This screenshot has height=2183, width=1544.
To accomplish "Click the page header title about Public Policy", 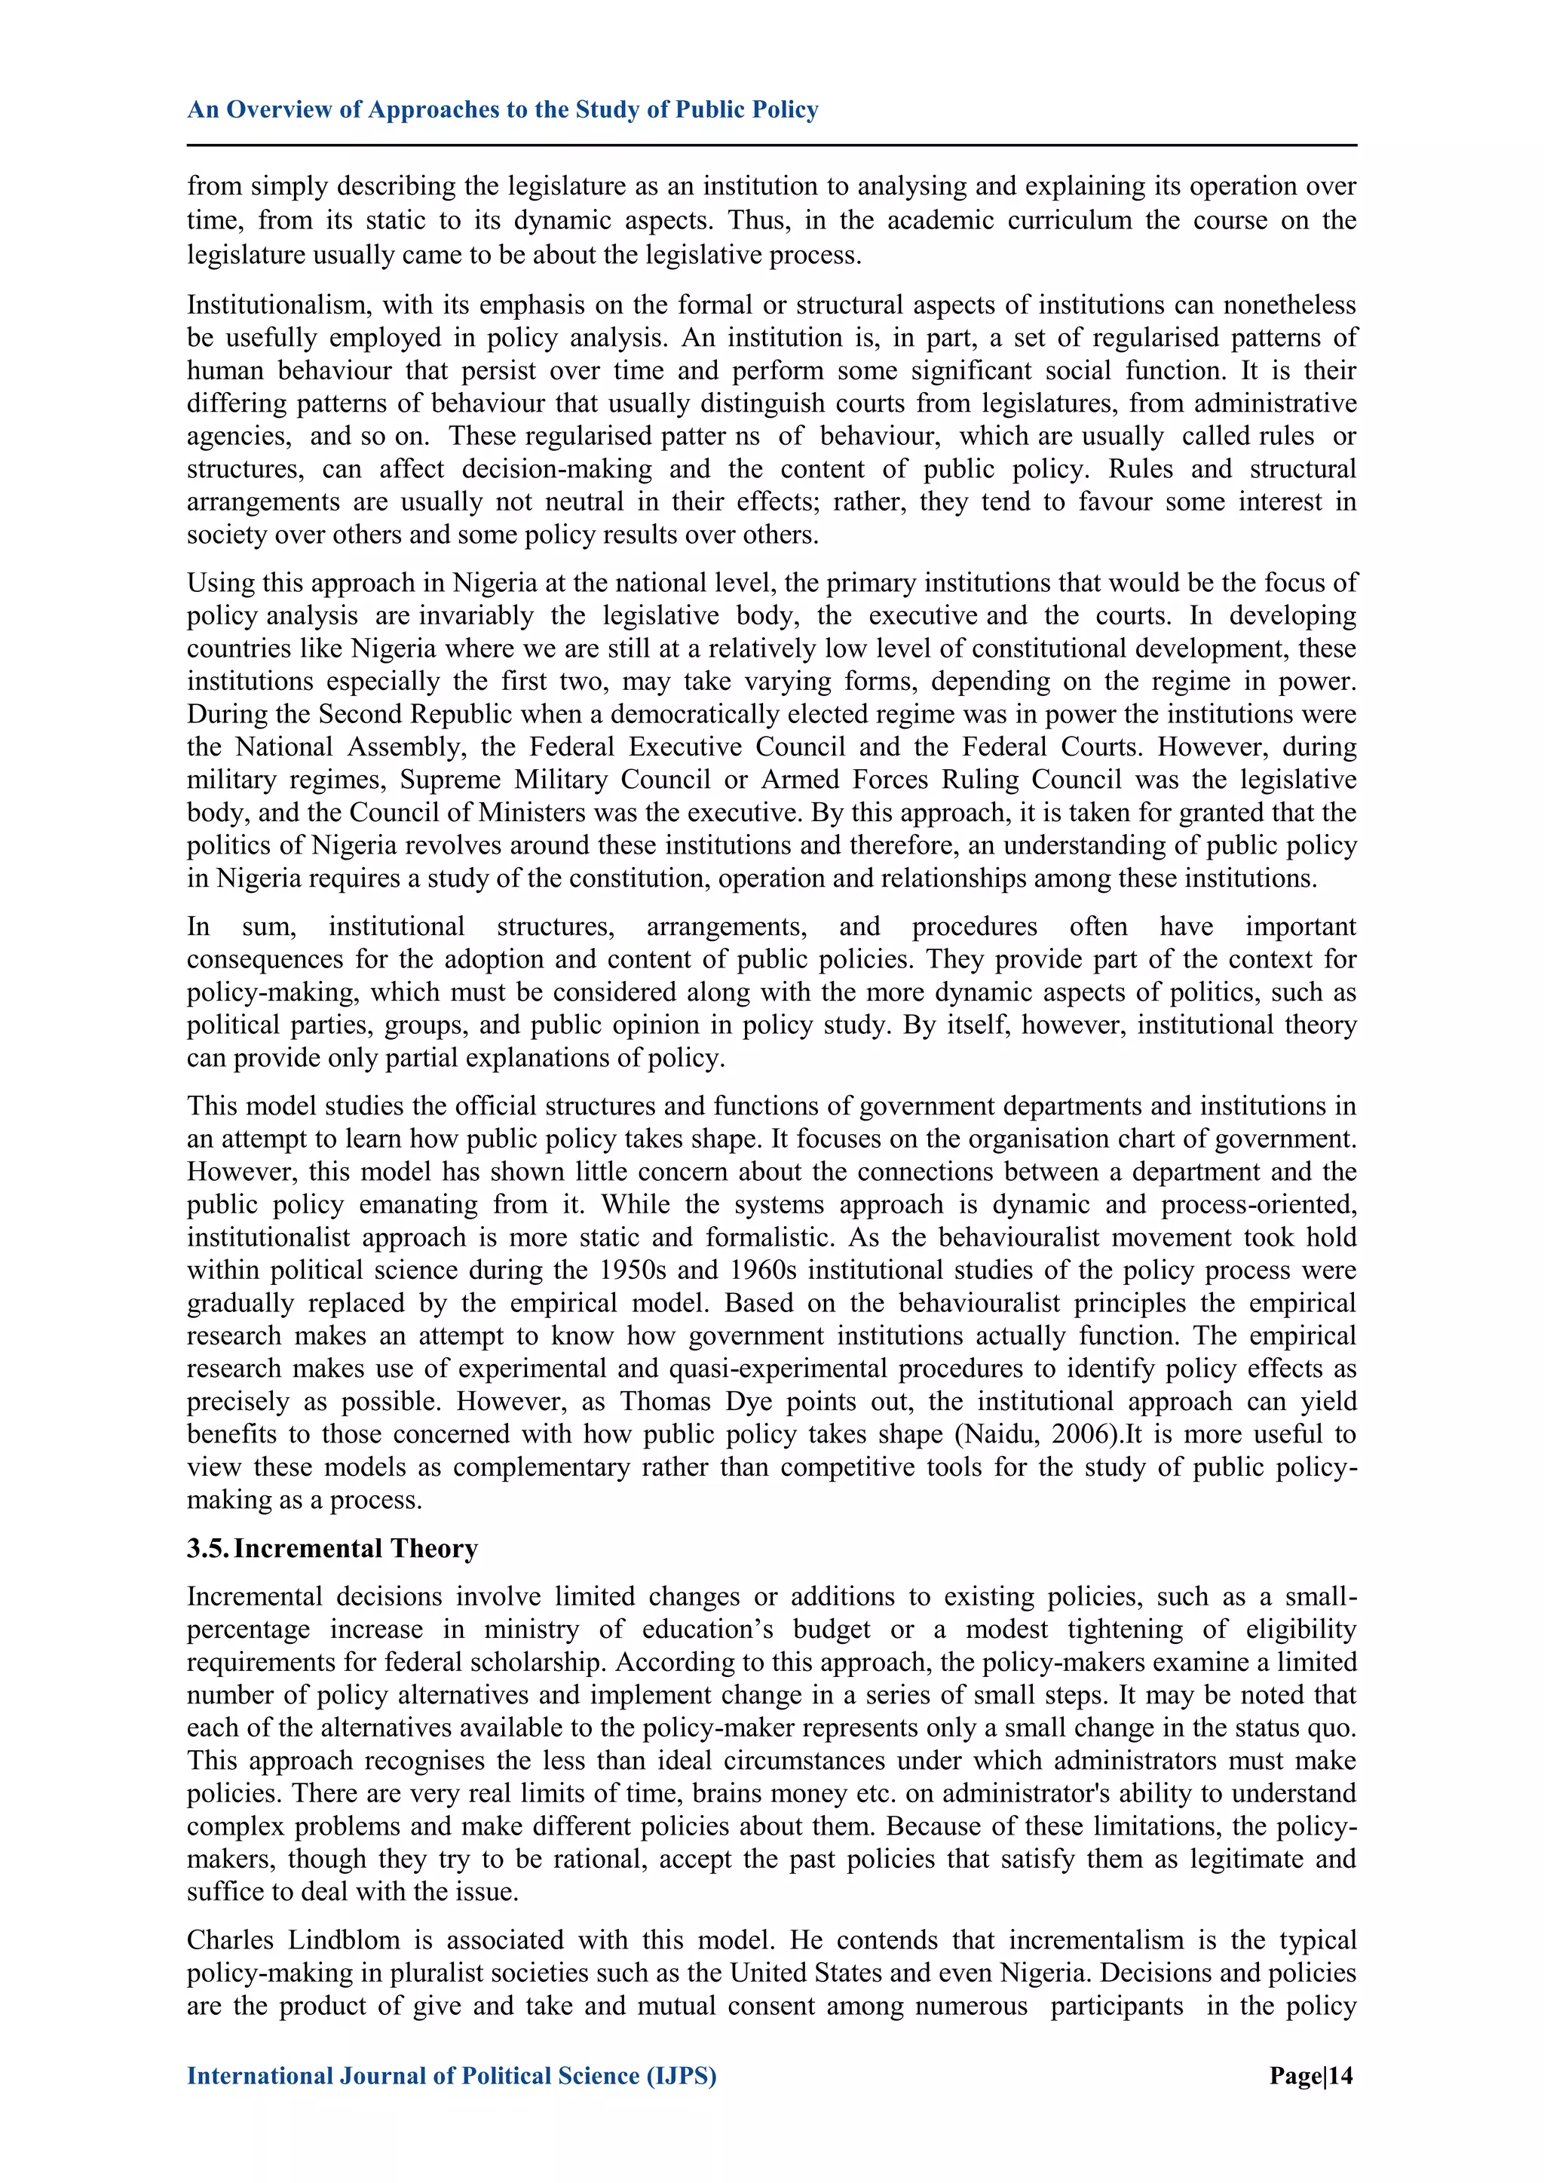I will (x=502, y=109).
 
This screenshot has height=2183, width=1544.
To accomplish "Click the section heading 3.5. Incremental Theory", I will (x=332, y=1549).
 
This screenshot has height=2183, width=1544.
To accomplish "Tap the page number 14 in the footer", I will (x=1311, y=2076).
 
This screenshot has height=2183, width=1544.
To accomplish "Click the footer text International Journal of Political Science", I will (x=451, y=2076).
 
